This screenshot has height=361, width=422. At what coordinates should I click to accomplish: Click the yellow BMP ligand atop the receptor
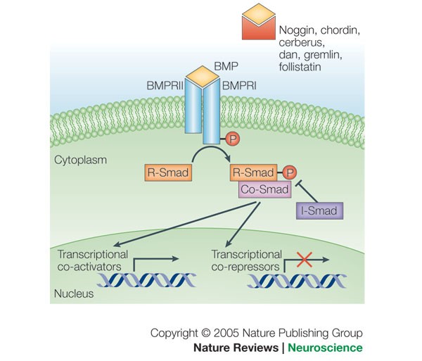click(x=203, y=76)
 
